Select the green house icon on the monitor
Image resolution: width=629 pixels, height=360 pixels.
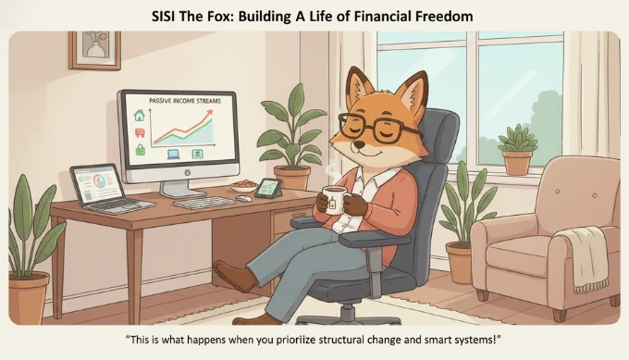click(x=141, y=116)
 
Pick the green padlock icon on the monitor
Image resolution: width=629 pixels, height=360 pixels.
click(x=141, y=149)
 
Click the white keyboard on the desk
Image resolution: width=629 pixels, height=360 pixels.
click(x=204, y=201)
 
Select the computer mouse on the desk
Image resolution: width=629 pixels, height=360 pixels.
click(x=243, y=198)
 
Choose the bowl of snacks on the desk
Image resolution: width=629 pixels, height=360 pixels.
click(x=244, y=186)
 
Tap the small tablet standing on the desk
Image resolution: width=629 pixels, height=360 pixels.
click(x=269, y=187)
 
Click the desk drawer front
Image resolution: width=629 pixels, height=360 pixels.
click(x=288, y=223)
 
